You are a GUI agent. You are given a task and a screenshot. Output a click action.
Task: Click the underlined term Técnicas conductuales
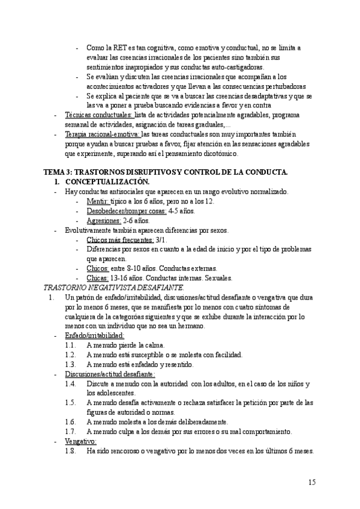(98, 115)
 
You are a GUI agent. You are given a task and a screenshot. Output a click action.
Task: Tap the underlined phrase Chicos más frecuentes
(119, 239)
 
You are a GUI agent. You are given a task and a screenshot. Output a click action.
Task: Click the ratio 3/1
(161, 239)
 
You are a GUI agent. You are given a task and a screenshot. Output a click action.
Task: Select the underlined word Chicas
(97, 278)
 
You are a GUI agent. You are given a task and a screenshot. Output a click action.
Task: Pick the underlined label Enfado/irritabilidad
(94, 336)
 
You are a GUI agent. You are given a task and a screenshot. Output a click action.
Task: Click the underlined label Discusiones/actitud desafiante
(110, 374)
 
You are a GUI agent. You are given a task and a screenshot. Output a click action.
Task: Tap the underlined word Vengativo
(80, 441)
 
